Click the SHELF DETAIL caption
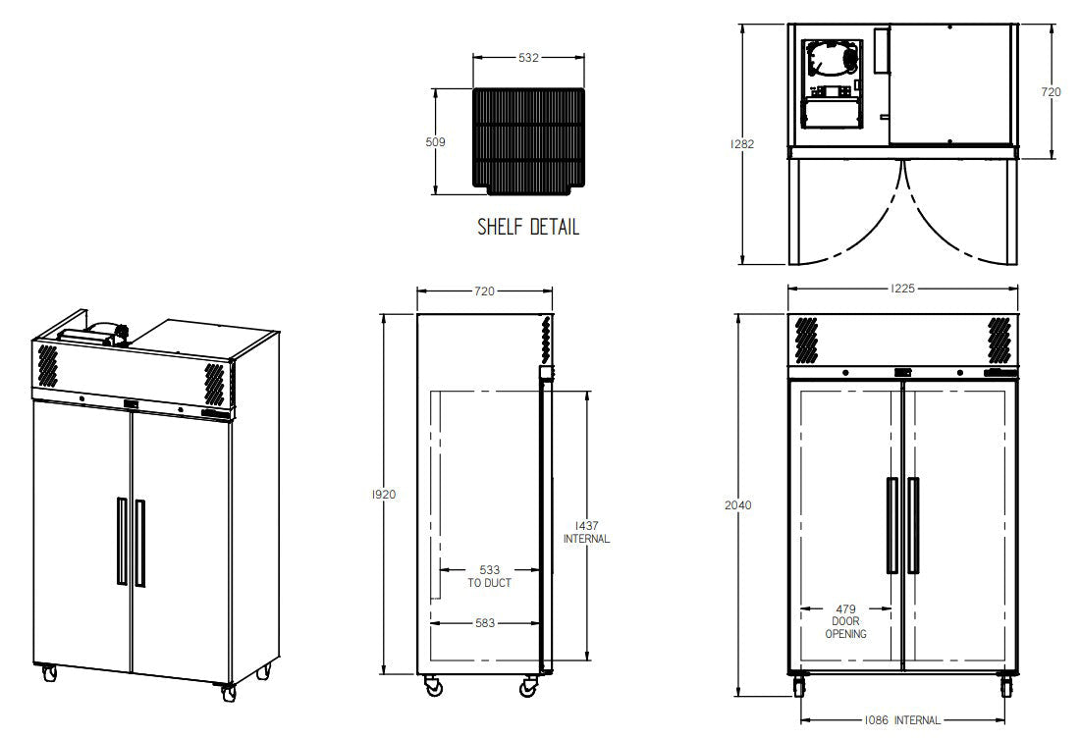point(528,227)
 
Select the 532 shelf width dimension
point(528,58)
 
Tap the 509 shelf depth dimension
point(436,142)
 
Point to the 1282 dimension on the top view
point(742,144)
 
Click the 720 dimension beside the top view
point(1051,92)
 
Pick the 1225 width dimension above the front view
point(903,290)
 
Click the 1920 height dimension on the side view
point(384,495)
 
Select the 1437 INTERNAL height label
point(586,532)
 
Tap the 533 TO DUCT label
point(489,575)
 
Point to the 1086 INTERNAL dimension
point(903,720)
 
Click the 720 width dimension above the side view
point(484,291)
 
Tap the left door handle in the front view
point(891,525)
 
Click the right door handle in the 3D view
point(140,543)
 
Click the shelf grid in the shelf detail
point(528,139)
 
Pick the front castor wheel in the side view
point(529,688)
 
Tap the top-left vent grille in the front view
point(806,339)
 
